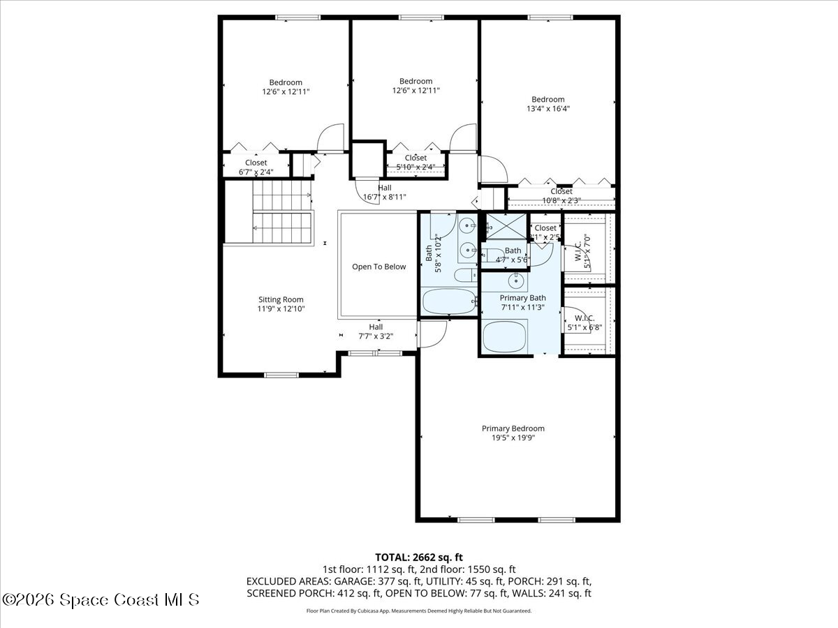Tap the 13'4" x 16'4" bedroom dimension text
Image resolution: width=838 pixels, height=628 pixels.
tap(547, 109)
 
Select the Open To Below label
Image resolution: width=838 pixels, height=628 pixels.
tap(378, 267)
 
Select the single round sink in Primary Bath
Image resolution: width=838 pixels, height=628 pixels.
tap(516, 281)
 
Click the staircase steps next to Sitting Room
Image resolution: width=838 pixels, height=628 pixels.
tap(279, 209)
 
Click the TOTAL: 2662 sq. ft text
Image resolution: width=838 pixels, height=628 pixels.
tap(419, 557)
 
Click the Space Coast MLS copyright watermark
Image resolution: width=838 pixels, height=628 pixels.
tap(101, 599)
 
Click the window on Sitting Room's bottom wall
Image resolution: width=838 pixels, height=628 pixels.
tap(281, 375)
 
